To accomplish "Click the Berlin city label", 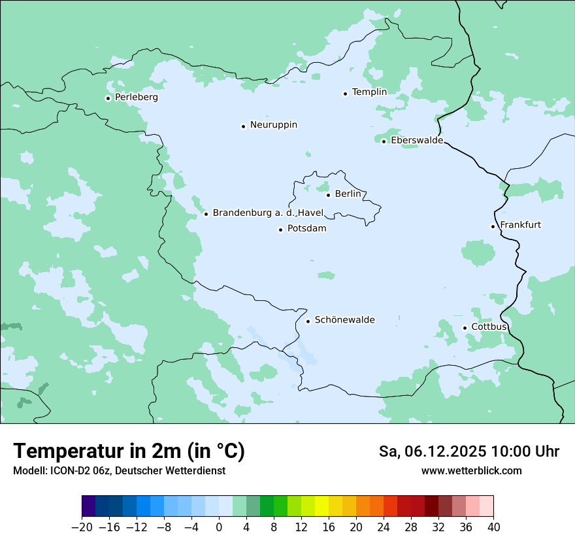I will (x=348, y=194).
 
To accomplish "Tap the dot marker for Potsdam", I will (x=280, y=230).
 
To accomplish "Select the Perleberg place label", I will (x=136, y=97).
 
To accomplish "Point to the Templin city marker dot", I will (x=345, y=94).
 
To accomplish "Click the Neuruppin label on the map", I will (x=273, y=125).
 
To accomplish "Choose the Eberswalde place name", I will (x=416, y=141).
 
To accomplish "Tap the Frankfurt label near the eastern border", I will (x=520, y=225).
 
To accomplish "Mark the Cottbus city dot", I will (x=465, y=328).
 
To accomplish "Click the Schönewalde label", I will (x=344, y=320).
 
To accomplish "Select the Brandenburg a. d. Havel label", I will (x=268, y=213).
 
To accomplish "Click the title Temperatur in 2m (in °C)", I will (x=129, y=451).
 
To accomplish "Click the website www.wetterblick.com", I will (x=471, y=470).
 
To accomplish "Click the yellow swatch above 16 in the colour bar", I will (x=321, y=506).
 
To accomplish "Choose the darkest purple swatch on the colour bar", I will (x=89, y=506).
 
